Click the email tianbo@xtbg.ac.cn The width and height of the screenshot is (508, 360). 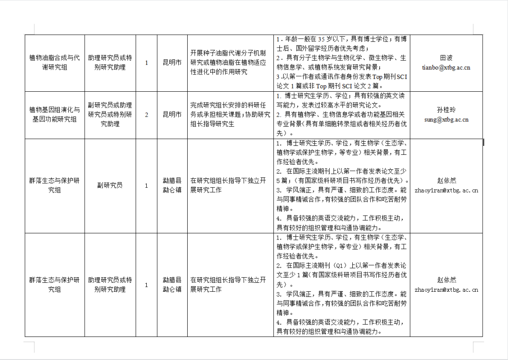point(446,67)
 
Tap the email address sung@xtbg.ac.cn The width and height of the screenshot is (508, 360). point(446,120)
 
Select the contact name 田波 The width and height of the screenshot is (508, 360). point(446,58)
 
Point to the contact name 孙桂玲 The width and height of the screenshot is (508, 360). point(446,110)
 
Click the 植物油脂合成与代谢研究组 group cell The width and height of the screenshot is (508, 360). point(55,63)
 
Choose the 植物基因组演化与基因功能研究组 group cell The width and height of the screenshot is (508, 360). point(55,114)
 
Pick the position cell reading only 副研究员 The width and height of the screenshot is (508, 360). point(110,185)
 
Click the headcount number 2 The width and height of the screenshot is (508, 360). point(146,114)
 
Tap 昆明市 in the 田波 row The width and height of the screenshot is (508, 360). point(172,63)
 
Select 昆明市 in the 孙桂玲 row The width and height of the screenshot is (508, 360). point(172,114)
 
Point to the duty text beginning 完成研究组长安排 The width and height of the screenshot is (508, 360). point(230,114)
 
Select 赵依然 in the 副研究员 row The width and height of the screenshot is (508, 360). point(446,181)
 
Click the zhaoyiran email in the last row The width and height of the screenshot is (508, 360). point(446,289)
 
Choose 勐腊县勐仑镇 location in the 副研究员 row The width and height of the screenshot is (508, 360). point(172,185)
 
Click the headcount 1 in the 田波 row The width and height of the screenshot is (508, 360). point(146,63)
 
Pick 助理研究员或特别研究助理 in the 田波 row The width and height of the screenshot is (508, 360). point(110,63)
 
